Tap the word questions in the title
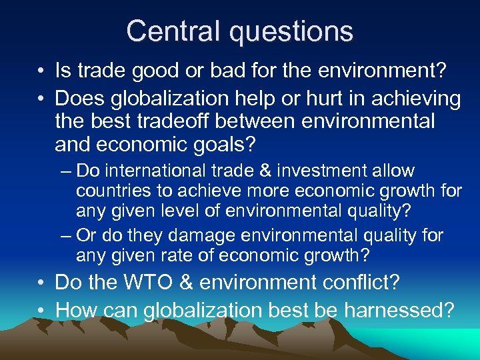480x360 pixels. pos(291,31)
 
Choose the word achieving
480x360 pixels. pos(418,99)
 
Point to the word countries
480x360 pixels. pos(109,192)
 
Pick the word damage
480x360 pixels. pos(199,235)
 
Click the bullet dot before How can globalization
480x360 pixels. pos(41,311)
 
